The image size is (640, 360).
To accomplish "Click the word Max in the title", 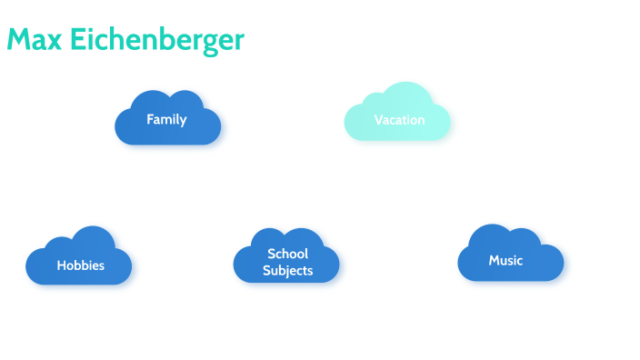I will click(35, 40).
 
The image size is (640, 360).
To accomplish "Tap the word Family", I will click(166, 119).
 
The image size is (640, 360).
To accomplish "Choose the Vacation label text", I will click(399, 120).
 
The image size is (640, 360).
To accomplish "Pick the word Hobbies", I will click(80, 265).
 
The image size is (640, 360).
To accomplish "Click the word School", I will click(287, 254).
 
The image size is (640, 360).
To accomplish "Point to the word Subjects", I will click(287, 270).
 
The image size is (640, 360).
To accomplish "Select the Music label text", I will click(505, 260).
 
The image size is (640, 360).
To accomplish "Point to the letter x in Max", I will click(55, 42).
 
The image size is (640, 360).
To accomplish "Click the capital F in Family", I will click(150, 119).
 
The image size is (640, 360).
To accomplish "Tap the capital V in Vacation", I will click(378, 120).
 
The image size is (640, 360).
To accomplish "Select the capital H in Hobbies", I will click(61, 265).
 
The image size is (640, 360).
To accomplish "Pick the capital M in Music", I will click(494, 260).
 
